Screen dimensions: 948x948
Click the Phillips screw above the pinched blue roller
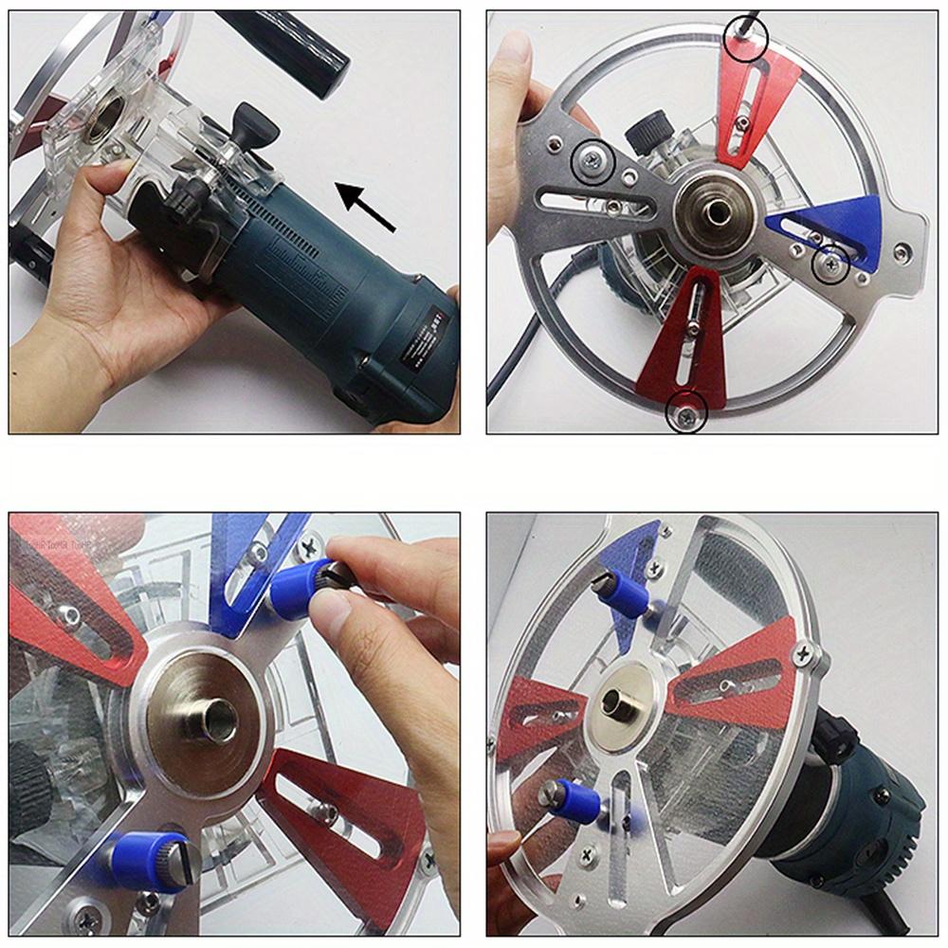point(310,546)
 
